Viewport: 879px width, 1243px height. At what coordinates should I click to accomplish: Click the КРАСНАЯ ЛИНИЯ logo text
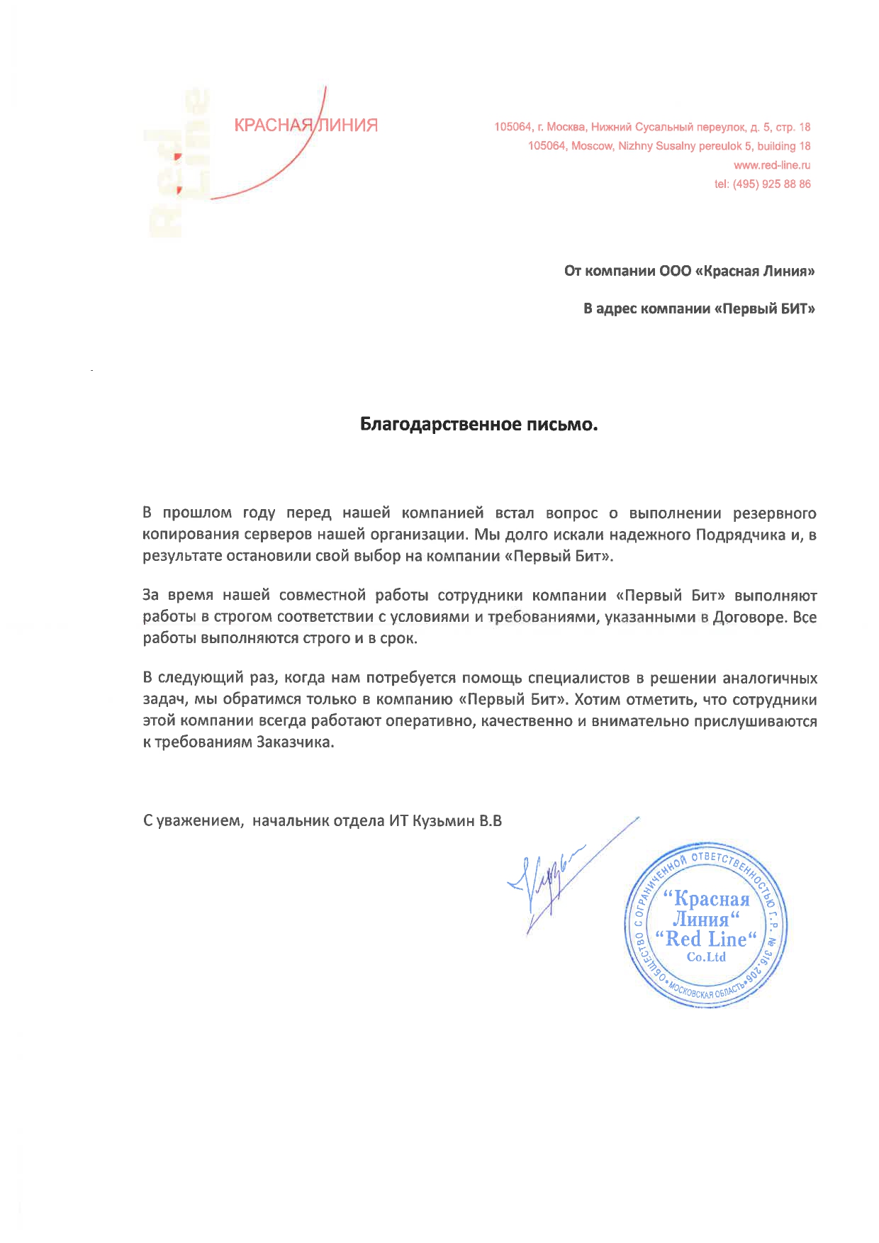[306, 126]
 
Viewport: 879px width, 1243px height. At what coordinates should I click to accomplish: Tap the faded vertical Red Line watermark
[177, 164]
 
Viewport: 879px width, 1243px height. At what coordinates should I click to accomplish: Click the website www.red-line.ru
[772, 165]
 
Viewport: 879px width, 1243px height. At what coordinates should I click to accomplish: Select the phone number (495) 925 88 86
[772, 184]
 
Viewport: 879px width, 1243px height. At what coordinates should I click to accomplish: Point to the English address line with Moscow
[669, 146]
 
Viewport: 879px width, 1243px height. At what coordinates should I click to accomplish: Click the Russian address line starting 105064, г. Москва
[652, 128]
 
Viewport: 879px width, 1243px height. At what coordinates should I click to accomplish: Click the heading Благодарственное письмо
[479, 425]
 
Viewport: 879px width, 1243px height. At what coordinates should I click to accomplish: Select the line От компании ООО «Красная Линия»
[689, 272]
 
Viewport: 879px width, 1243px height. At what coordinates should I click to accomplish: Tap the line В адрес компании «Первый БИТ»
[699, 309]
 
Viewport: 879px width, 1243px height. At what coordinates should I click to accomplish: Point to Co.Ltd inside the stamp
[706, 957]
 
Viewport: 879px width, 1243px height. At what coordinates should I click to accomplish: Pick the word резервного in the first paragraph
[774, 513]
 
